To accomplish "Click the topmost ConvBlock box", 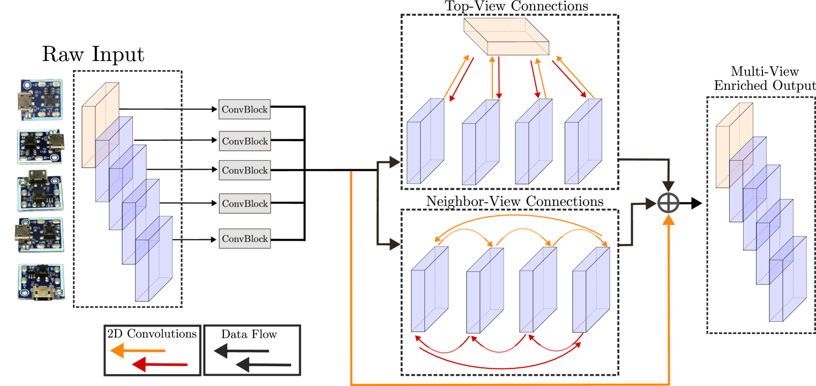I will (244, 109).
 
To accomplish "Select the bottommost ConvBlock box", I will (244, 239).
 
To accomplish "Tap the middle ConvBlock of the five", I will (244, 171).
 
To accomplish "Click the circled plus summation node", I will (669, 203).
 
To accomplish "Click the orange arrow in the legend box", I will (137, 351).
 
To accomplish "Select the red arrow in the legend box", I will (160, 365).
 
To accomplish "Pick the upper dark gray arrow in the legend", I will (241, 351).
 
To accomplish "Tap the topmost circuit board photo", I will (42, 100).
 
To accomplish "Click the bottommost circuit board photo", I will (42, 281).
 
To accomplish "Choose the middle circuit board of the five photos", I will (41, 190).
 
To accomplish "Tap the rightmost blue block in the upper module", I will (583, 142).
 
